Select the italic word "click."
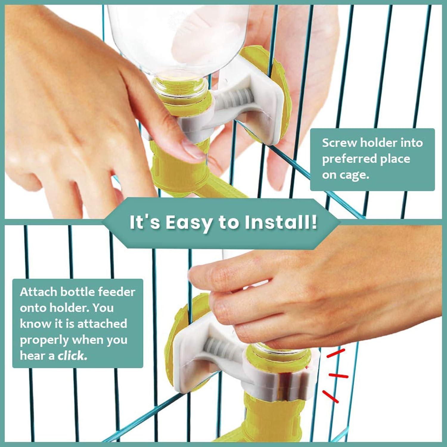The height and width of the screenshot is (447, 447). coord(72,356)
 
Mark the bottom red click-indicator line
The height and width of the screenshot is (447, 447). coord(331,396)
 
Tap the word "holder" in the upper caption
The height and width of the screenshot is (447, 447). coord(378,143)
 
